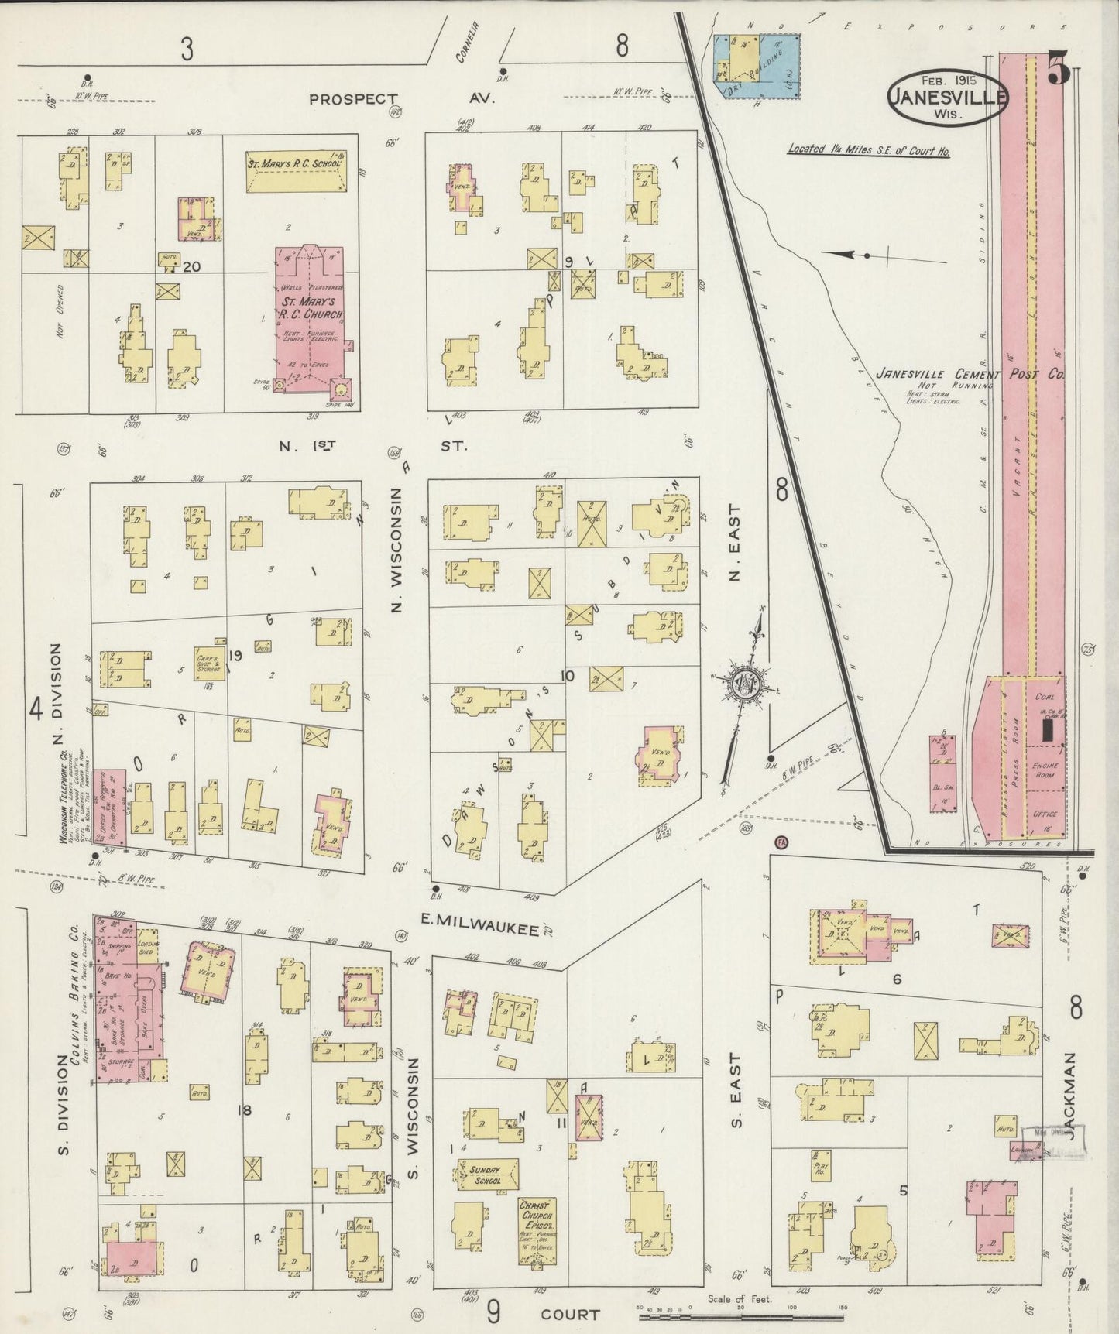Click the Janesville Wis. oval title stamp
948,98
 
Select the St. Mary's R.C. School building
296,172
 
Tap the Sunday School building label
486,1175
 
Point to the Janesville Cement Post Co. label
968,374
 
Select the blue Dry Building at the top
757,66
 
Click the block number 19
235,657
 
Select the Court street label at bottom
570,1314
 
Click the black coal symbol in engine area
1047,730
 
